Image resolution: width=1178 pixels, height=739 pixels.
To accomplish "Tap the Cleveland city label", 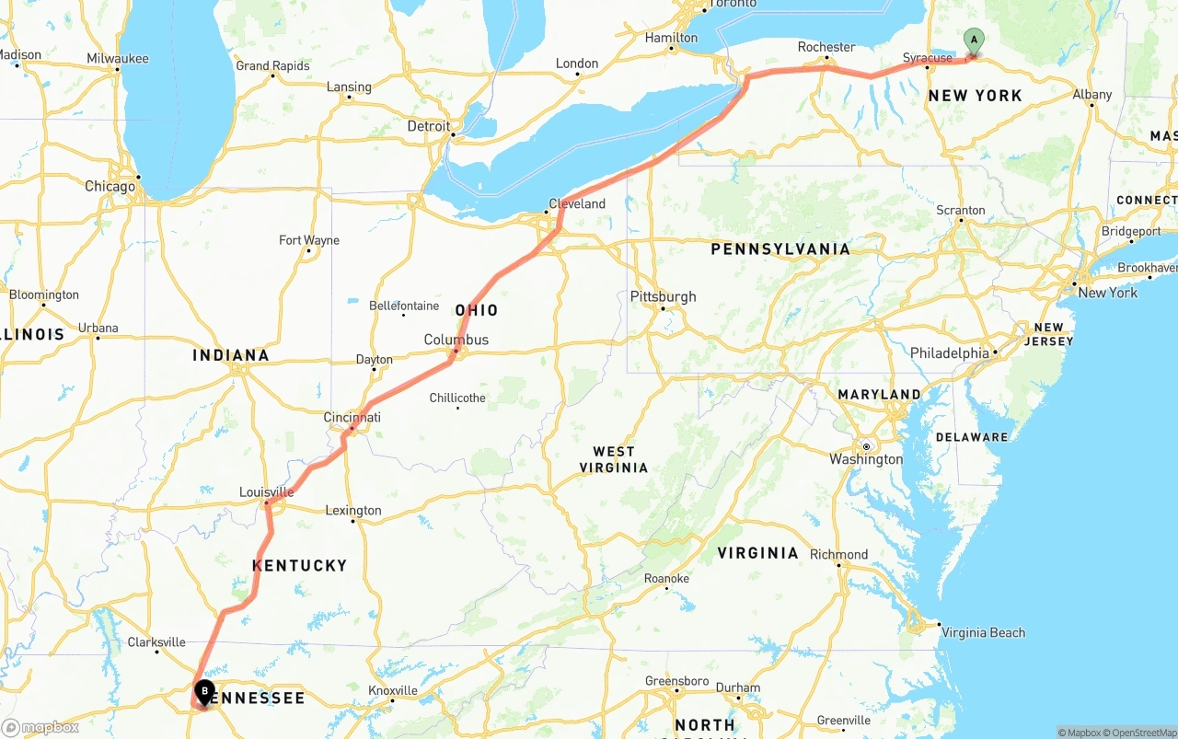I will tap(577, 203).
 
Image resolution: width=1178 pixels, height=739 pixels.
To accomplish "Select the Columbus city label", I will tap(456, 340).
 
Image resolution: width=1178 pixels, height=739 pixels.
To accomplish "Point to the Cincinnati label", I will tap(352, 418).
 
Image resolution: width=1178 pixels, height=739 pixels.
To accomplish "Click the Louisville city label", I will tap(266, 492).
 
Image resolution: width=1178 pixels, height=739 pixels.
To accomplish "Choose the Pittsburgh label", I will tap(663, 296).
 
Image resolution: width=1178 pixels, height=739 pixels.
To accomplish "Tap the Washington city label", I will tap(866, 459).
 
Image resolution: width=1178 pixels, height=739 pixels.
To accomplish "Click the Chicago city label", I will tap(110, 186).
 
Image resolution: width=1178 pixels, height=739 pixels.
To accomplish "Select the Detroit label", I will tap(429, 126).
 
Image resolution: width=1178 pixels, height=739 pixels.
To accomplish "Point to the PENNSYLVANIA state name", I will tap(780, 248).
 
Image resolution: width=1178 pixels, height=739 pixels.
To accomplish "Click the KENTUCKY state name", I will tap(299, 565).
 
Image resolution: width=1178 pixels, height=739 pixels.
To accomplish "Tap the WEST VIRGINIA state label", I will tap(614, 459).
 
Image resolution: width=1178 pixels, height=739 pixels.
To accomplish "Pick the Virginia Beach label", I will tap(983, 632).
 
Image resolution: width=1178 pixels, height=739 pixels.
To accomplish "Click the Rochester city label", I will tap(826, 47).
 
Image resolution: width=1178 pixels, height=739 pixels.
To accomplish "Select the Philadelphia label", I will tap(950, 353).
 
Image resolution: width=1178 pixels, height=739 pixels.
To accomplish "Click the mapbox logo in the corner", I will tap(40, 727).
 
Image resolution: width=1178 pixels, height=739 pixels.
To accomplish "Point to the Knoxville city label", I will tap(393, 690).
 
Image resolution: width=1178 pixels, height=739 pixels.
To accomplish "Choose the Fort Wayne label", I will tap(309, 240).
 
